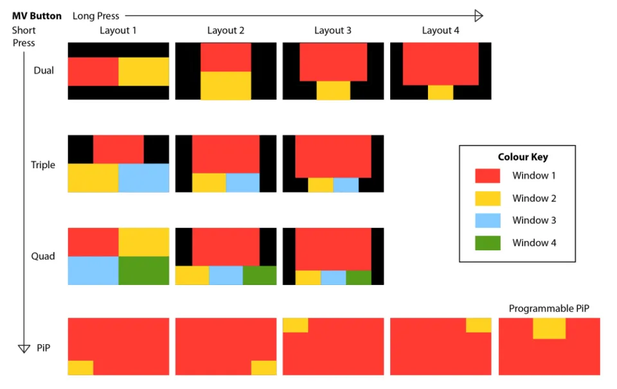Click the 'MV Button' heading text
37,16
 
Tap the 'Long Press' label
96,16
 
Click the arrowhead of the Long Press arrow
478,16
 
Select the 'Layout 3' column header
333,31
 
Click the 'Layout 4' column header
440,31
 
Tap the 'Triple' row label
43,165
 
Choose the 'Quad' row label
43,256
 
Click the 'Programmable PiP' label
549,309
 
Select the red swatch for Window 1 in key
488,176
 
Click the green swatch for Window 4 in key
488,243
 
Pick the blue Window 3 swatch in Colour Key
488,220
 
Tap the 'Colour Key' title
523,157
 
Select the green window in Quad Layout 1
144,270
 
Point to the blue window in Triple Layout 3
346,185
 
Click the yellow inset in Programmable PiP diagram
549,328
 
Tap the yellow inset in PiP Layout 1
80,368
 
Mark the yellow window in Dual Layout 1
144,71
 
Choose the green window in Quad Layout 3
359,277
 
